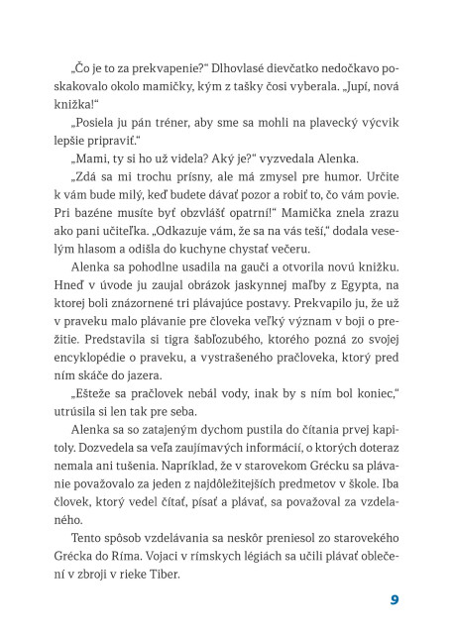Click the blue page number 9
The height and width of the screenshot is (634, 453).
pyautogui.click(x=394, y=598)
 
